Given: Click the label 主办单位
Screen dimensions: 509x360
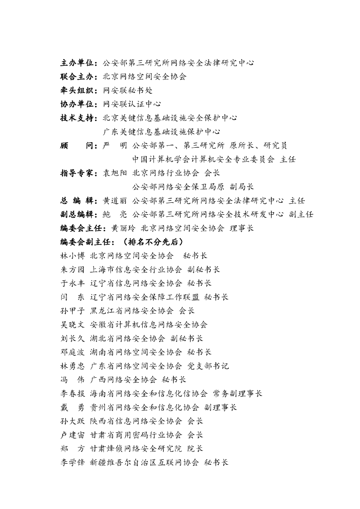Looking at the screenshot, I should click(x=78, y=63).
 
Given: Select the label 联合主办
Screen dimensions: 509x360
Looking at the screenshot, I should click(x=78, y=77).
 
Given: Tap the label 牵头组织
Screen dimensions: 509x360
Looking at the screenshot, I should click(x=78, y=90).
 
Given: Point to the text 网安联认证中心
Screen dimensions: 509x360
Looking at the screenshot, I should click(x=132, y=104).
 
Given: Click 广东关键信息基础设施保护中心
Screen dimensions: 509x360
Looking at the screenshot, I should click(x=162, y=132).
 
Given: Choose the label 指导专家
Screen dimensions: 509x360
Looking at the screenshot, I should click(x=78, y=173).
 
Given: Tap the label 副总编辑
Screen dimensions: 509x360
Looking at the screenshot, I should click(x=78, y=214).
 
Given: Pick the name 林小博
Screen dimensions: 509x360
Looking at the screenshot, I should click(x=72, y=255).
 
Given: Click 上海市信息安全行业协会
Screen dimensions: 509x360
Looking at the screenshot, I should click(x=136, y=269).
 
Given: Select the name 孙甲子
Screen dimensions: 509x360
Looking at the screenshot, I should click(x=72, y=311).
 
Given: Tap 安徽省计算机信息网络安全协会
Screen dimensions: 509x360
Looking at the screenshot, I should click(x=149, y=325).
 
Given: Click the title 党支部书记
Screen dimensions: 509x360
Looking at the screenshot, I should click(x=208, y=366).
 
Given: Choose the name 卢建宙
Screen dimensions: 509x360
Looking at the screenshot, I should click(x=72, y=434).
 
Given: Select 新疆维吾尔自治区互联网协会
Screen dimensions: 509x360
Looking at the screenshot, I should click(x=144, y=462).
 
